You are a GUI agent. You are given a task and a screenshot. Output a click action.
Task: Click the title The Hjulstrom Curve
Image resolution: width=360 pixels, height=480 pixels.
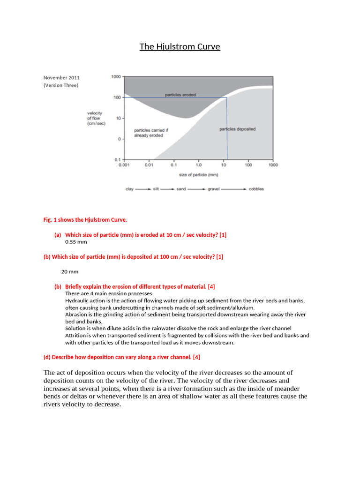point(180,46)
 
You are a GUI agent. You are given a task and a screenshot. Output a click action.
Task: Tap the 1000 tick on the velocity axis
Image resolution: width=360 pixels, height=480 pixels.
point(115,76)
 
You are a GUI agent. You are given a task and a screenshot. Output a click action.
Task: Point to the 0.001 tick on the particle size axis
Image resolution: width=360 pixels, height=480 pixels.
point(124,165)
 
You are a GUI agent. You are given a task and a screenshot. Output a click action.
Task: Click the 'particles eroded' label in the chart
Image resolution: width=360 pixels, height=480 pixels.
point(180,95)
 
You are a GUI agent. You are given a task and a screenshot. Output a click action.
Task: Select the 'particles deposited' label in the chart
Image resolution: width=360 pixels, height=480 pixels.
point(237,129)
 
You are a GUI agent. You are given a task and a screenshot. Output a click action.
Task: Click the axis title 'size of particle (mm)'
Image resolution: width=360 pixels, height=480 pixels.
point(199,175)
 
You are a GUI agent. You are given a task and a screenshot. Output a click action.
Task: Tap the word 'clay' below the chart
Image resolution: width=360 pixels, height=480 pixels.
point(130,189)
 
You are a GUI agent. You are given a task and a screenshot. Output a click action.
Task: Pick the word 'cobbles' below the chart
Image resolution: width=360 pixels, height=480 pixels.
point(256,189)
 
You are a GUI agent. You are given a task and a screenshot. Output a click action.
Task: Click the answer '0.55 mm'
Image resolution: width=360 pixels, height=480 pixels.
point(76,242)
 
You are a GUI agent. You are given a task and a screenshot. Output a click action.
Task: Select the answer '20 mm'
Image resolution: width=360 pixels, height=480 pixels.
point(70,271)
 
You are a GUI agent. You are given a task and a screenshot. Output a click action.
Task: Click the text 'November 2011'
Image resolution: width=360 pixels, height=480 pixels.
point(61,77)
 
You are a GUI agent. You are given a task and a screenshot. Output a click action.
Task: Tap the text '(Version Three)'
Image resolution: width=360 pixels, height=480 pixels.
point(61,85)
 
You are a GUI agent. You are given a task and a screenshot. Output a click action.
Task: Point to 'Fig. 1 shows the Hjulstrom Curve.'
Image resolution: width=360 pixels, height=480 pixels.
point(85,219)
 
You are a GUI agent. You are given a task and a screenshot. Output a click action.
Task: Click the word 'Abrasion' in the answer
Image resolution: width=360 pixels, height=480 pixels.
point(76,315)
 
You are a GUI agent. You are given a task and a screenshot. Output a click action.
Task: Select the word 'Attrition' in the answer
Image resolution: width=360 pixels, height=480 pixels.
point(75,336)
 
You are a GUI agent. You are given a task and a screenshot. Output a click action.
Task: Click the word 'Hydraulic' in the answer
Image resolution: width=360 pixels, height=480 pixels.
point(77,300)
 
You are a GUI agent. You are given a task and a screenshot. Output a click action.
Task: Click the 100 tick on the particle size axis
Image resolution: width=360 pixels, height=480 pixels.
point(248,165)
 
